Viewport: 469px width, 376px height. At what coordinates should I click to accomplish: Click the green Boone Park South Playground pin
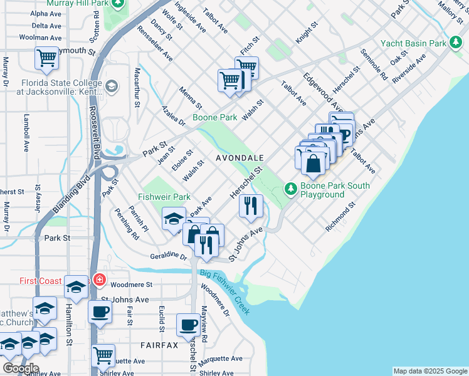[290, 188]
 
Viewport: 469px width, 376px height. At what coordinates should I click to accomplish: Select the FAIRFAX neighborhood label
[159, 345]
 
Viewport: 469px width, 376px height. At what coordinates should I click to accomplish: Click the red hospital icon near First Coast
[98, 279]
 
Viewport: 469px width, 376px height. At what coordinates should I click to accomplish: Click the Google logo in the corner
[21, 368]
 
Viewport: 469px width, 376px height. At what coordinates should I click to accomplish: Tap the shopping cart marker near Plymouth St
[47, 58]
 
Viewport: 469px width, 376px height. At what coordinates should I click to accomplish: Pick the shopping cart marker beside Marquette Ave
[103, 355]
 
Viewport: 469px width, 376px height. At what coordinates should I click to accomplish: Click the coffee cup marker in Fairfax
[189, 325]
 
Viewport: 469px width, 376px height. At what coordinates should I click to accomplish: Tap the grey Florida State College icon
[112, 86]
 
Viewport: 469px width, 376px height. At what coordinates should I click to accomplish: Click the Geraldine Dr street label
[169, 257]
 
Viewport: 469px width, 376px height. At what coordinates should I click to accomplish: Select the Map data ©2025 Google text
[430, 371]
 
